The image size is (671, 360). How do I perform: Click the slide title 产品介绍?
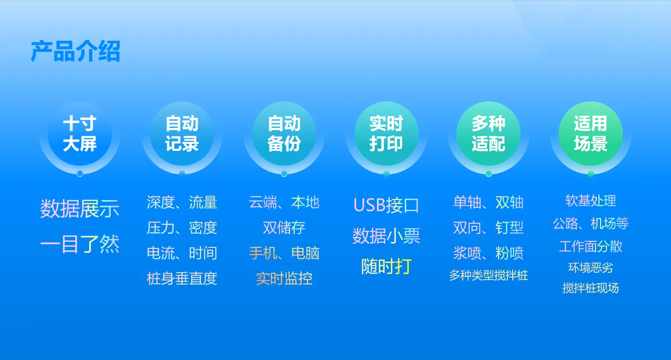(x=75, y=51)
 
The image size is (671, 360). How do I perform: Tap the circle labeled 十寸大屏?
(x=80, y=134)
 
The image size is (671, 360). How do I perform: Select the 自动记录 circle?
(x=182, y=134)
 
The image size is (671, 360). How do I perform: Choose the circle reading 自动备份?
(x=284, y=134)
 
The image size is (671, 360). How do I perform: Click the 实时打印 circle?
(x=386, y=134)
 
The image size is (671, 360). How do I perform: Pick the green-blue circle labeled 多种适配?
(x=488, y=134)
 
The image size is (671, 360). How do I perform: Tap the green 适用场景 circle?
(x=591, y=134)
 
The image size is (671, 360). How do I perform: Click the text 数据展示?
(x=80, y=209)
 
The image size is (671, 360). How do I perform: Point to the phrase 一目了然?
(x=80, y=244)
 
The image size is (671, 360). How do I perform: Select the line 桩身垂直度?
(x=182, y=278)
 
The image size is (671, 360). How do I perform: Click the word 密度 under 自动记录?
(x=203, y=228)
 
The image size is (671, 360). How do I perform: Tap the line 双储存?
(x=284, y=228)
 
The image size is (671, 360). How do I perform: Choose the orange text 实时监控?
(x=284, y=278)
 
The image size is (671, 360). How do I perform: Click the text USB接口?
(x=386, y=205)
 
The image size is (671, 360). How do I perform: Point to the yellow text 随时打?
(x=386, y=266)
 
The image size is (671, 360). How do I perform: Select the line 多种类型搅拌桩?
(x=488, y=275)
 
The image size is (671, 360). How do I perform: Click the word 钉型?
(x=510, y=228)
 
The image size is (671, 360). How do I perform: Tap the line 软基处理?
(x=591, y=201)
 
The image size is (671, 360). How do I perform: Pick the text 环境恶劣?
(x=591, y=268)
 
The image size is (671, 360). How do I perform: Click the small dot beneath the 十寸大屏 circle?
(x=80, y=173)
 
